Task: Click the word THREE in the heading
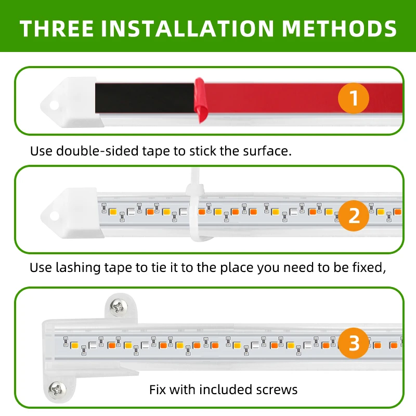57,28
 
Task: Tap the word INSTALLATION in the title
188,28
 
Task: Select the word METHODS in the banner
339,28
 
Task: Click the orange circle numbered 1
354,98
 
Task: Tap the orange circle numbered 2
354,215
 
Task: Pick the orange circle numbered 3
354,343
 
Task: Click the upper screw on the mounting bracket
119,307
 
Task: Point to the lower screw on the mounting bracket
57,389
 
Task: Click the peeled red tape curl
200,100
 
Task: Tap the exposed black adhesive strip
145,98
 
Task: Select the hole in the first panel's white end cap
54,105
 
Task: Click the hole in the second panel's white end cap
54,216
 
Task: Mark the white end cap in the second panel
72,213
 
